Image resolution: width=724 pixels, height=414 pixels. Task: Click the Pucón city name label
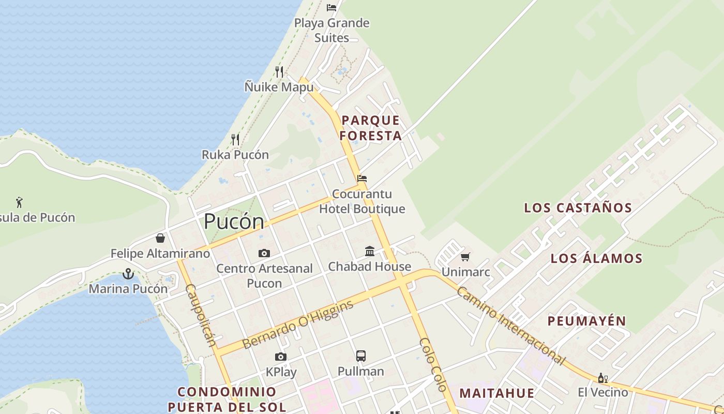tap(234, 221)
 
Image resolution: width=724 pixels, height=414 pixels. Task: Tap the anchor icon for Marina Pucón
tap(128, 274)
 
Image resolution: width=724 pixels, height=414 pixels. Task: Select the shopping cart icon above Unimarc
tap(465, 257)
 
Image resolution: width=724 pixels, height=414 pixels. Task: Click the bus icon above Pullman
tap(361, 356)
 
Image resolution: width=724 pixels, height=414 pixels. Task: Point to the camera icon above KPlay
tap(281, 357)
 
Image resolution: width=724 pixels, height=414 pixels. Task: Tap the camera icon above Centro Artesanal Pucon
tap(264, 253)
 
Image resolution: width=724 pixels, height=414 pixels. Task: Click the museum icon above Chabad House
tap(370, 252)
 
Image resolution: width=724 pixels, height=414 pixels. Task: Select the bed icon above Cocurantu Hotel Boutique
tap(362, 179)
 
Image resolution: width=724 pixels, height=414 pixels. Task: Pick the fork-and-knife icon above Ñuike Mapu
tap(279, 71)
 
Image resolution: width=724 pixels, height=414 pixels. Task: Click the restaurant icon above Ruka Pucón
tap(235, 139)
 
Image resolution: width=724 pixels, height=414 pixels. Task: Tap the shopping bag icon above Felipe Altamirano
tap(160, 238)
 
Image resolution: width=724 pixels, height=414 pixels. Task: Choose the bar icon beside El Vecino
tap(602, 378)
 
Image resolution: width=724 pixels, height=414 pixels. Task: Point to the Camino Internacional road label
tap(510, 325)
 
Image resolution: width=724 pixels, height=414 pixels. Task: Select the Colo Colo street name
tap(433, 364)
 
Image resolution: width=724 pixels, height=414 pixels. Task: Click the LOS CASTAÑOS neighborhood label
tap(578, 208)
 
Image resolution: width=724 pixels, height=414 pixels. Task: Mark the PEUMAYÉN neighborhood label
tap(586, 321)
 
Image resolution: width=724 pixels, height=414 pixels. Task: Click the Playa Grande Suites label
tap(331, 30)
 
